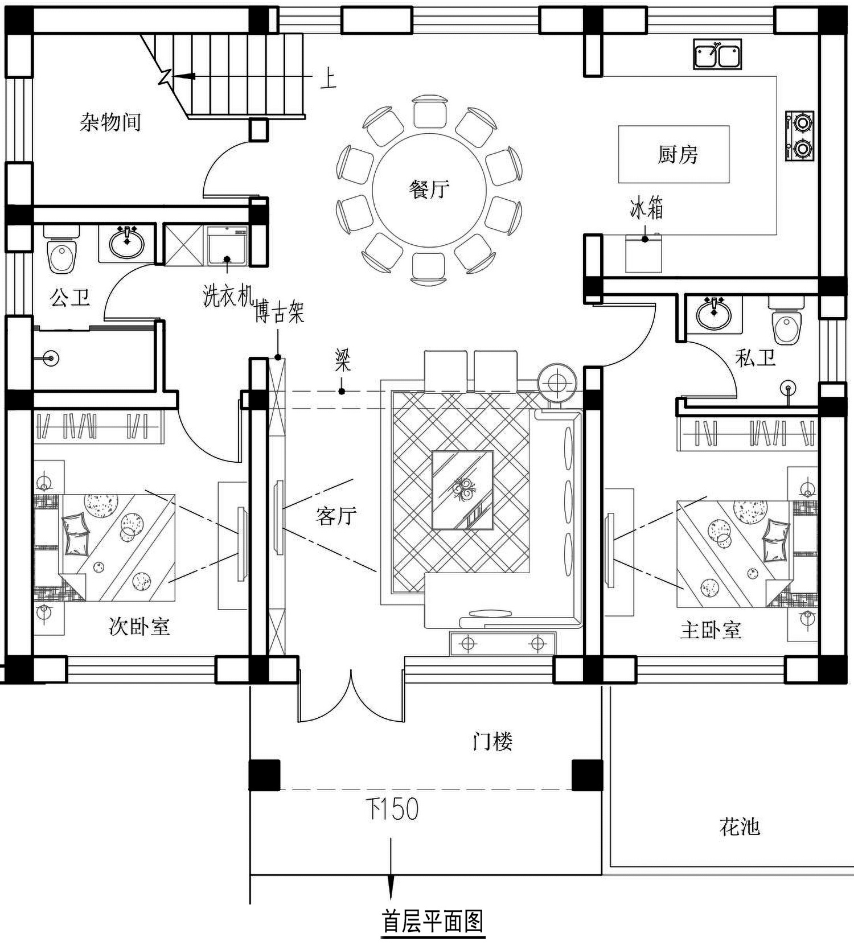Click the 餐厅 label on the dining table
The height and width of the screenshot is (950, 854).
click(429, 188)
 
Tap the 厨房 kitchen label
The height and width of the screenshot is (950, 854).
click(678, 154)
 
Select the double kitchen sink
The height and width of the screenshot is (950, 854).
click(717, 55)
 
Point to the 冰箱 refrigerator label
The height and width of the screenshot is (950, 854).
click(646, 208)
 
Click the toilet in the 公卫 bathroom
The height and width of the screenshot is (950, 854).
click(62, 250)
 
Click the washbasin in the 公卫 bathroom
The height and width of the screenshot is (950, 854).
click(127, 244)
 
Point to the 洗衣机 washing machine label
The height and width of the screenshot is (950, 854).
click(228, 295)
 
